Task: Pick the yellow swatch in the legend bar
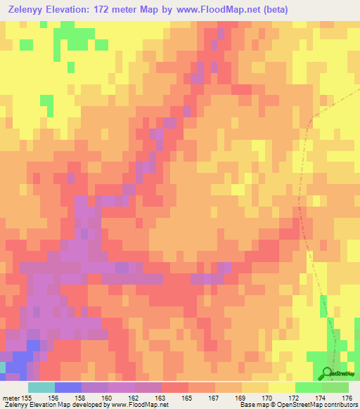click(281, 387)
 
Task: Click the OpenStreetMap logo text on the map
click(344, 374)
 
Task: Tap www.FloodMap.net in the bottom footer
click(139, 404)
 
